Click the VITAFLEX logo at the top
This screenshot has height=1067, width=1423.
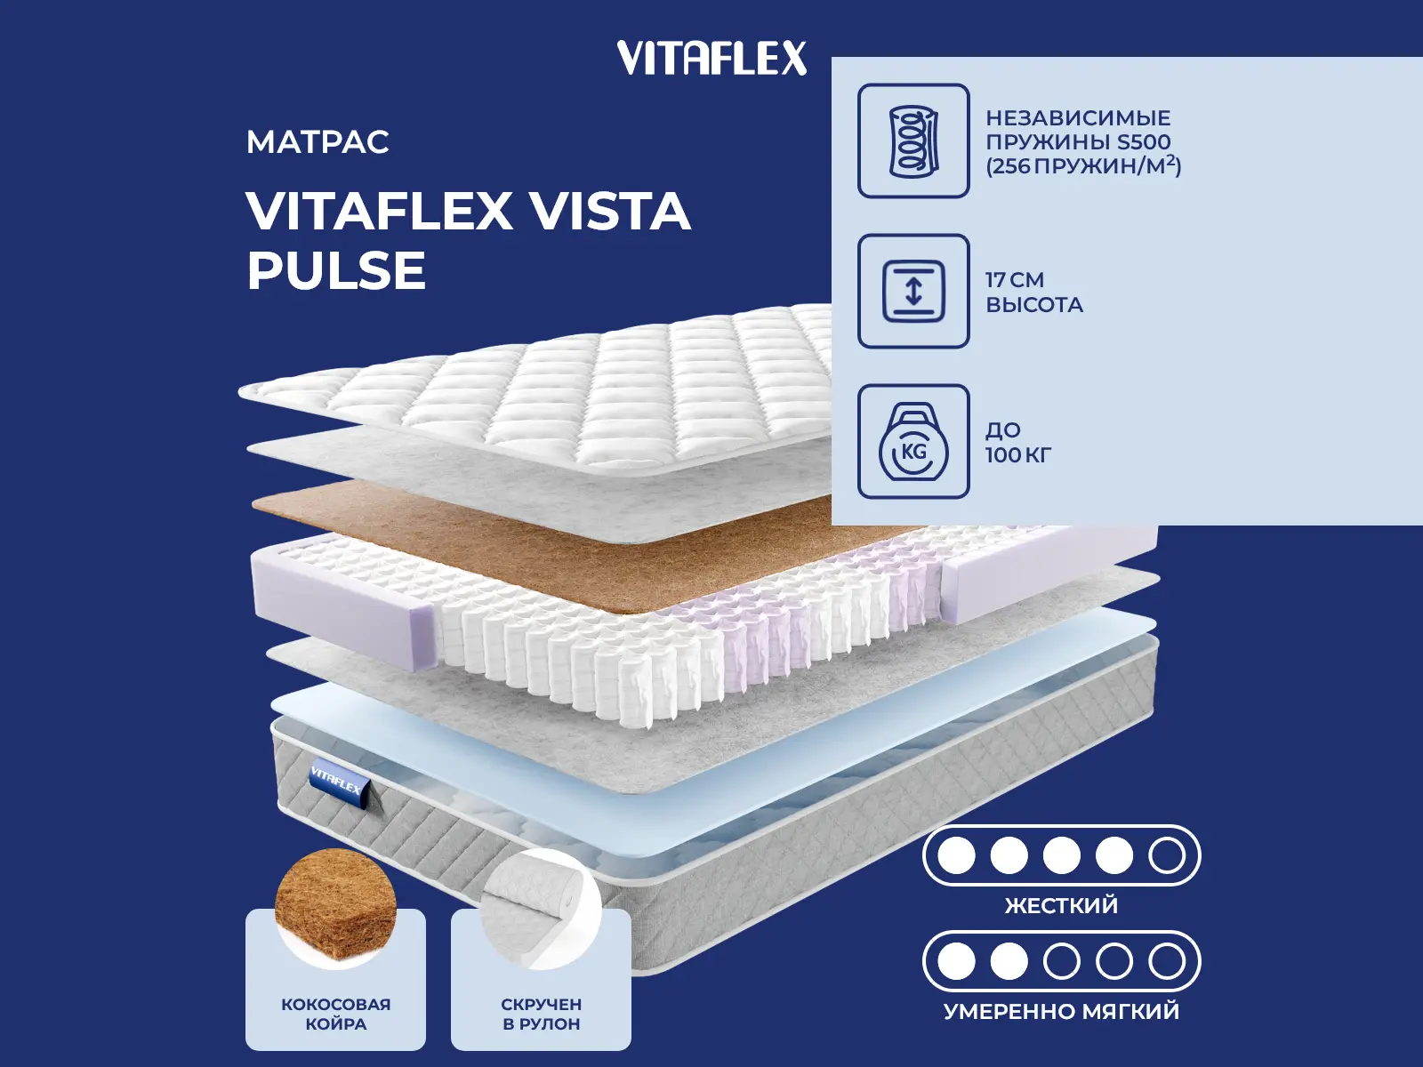point(711,59)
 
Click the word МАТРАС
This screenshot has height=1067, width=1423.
point(318,142)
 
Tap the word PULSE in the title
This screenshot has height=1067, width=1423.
point(336,270)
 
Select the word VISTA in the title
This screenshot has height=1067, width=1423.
point(610,212)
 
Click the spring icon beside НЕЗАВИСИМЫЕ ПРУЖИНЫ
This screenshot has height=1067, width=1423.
point(913,140)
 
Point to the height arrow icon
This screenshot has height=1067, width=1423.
point(913,291)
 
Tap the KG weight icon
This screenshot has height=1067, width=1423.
point(913,442)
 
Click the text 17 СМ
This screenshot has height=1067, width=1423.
point(1015,280)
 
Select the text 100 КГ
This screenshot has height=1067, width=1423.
point(1018,455)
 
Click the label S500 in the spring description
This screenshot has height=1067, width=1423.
point(1144,142)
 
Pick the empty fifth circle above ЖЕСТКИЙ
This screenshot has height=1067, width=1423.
point(1166,855)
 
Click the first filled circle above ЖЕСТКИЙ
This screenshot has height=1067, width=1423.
point(956,855)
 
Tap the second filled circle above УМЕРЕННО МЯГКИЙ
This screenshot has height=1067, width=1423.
point(1009,961)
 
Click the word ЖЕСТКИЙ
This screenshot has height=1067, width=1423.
point(1061,906)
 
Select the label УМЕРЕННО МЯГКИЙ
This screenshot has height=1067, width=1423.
point(1061,1012)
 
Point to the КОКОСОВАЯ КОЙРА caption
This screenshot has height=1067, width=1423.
point(335,1014)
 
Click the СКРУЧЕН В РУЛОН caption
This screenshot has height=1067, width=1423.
point(541,1014)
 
